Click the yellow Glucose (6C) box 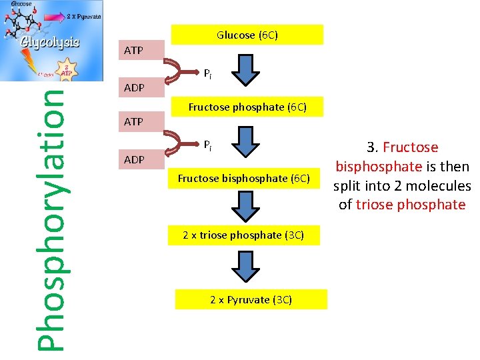click(247, 35)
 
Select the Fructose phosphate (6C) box click(247, 107)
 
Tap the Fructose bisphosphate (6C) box click(244, 178)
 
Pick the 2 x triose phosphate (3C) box click(244, 235)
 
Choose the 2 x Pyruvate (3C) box click(251, 299)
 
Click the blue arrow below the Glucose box click(245, 71)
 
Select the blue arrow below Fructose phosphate click(245, 142)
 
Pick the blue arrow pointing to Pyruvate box click(245, 267)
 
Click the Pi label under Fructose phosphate click(208, 145)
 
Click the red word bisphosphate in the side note click(378, 167)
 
